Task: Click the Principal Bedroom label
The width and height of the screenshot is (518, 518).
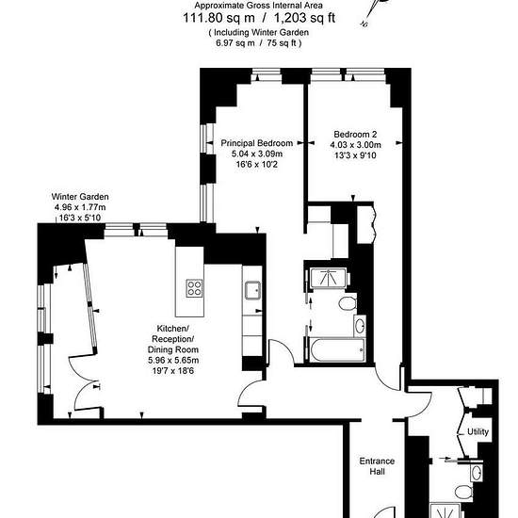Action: pyautogui.click(x=257, y=143)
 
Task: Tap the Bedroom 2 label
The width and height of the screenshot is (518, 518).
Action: pyautogui.click(x=355, y=135)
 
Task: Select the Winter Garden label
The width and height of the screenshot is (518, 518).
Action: pyautogui.click(x=80, y=197)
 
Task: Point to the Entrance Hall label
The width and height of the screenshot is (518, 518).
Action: pyautogui.click(x=377, y=466)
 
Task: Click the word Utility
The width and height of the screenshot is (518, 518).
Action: pyautogui.click(x=478, y=431)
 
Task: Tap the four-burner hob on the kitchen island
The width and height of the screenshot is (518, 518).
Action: pyautogui.click(x=194, y=288)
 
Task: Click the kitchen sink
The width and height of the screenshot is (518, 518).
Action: pyautogui.click(x=252, y=290)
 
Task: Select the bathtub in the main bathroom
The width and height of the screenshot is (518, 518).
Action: pyautogui.click(x=337, y=349)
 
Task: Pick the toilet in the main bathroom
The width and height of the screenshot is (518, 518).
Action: pyautogui.click(x=348, y=303)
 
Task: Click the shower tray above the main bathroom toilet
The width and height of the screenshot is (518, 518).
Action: pyautogui.click(x=328, y=278)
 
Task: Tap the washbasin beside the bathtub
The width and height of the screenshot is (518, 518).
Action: pyautogui.click(x=360, y=325)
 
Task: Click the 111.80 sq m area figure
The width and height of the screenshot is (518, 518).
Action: pyautogui.click(x=219, y=18)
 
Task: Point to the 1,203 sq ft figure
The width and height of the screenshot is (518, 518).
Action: pyautogui.click(x=304, y=18)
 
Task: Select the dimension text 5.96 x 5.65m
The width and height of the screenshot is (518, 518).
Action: pyautogui.click(x=173, y=360)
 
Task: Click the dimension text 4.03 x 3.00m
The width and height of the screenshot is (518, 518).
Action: pyautogui.click(x=355, y=145)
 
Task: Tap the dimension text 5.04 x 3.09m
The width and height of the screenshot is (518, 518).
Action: pyautogui.click(x=257, y=154)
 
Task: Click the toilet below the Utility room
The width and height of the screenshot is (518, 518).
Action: pyautogui.click(x=463, y=492)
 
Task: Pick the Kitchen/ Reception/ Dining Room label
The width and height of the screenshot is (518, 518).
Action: pyautogui.click(x=173, y=339)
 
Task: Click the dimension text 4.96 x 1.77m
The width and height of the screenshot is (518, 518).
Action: pyautogui.click(x=80, y=207)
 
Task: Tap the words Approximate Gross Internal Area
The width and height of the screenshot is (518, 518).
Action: pyautogui.click(x=258, y=6)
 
